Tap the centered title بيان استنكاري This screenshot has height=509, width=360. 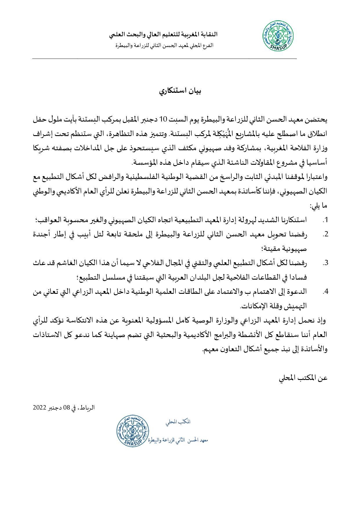[x=180, y=91]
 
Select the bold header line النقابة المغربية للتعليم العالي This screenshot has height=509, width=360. [x=163, y=35]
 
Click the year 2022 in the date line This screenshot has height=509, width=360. [x=39, y=407]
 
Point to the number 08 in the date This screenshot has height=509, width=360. [x=67, y=407]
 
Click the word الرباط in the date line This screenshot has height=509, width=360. [x=87, y=407]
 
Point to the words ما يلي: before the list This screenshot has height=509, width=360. [x=318, y=206]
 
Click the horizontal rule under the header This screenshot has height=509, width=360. [x=164, y=59]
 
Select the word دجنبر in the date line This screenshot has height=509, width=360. [x=54, y=407]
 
